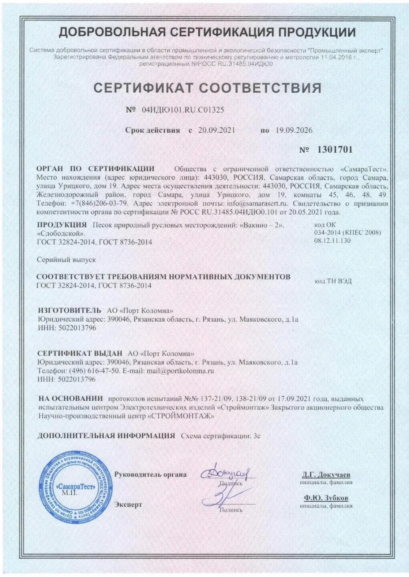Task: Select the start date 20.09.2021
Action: coord(216,130)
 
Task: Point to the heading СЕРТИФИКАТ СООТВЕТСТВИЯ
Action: coord(208,88)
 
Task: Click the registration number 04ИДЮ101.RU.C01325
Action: coord(181,110)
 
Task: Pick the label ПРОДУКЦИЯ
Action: coord(62,225)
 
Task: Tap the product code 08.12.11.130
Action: coord(332,240)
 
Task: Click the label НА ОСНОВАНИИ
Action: coord(70,399)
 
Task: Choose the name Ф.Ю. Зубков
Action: coord(326,498)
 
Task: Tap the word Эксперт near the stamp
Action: coord(128,504)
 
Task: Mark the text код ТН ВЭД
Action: coord(333,281)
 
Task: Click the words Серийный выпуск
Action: coord(66,259)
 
